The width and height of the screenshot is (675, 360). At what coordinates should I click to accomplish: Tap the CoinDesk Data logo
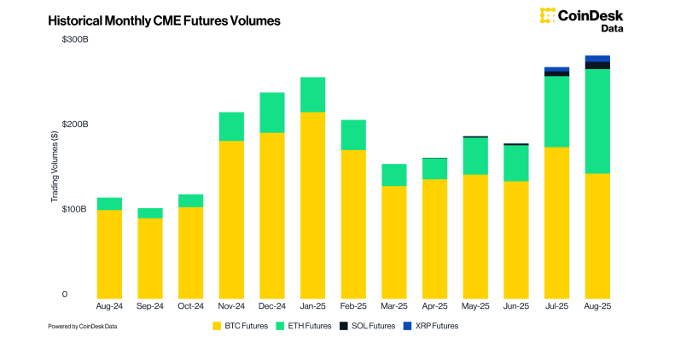(x=581, y=20)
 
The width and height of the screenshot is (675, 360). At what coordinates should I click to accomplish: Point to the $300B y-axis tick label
(x=75, y=40)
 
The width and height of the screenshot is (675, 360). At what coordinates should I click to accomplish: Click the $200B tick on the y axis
(x=75, y=125)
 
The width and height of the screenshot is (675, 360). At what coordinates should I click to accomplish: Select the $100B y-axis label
(x=75, y=209)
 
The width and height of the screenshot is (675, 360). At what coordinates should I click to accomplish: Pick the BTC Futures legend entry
(x=241, y=326)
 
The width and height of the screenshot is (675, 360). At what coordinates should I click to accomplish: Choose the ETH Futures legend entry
(x=305, y=326)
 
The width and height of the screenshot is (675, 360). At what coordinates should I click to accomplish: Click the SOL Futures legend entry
(x=368, y=326)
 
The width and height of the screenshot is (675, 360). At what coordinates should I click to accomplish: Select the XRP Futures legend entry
(x=433, y=326)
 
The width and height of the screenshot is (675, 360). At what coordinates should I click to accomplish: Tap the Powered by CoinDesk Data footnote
(x=82, y=326)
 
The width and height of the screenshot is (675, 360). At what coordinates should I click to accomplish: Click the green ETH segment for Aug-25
(x=597, y=121)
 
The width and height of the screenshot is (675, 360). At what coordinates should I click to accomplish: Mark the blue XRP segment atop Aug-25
(x=597, y=59)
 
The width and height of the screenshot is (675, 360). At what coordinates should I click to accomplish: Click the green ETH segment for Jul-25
(x=556, y=111)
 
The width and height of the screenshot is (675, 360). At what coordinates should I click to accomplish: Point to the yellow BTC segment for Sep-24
(x=150, y=256)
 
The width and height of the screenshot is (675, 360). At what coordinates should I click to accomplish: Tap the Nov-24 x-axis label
(x=231, y=305)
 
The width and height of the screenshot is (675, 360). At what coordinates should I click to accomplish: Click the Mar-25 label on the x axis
(x=393, y=305)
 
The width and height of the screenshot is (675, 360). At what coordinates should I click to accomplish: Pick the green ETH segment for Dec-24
(x=272, y=113)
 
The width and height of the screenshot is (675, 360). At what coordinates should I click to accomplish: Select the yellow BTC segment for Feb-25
(x=353, y=222)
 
